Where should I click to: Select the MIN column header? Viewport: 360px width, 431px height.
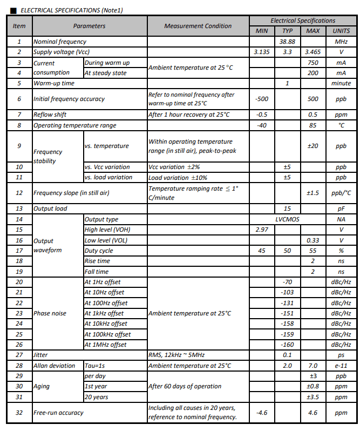click(262, 31)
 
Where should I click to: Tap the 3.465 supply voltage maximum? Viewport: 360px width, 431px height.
click(313, 52)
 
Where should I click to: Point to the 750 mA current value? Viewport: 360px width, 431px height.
click(313, 63)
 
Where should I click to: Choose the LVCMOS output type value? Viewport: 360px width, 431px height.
click(287, 219)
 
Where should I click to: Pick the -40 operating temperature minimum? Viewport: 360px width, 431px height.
click(262, 125)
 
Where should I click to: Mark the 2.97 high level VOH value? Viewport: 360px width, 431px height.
click(262, 230)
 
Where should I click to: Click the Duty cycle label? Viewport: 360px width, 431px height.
click(98, 251)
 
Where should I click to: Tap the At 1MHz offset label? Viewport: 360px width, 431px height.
click(105, 345)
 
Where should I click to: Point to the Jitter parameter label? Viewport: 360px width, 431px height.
click(41, 355)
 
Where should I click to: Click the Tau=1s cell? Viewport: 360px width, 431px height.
click(96, 366)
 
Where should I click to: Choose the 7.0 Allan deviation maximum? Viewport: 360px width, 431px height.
click(313, 366)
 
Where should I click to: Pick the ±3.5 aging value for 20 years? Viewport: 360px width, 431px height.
click(313, 397)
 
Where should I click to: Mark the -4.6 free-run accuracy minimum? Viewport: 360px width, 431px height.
click(262, 413)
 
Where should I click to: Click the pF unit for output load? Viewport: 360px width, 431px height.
click(341, 208)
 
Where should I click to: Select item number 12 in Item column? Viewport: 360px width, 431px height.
click(19, 193)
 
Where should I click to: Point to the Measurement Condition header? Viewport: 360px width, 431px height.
click(198, 25)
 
